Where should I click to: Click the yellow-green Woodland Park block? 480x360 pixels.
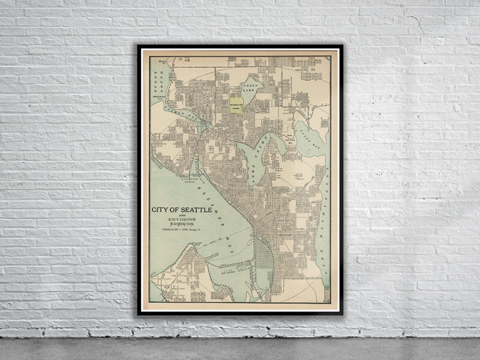tap(238, 105)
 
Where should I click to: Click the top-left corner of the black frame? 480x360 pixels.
tap(138, 46)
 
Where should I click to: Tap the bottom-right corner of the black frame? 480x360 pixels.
tap(342, 314)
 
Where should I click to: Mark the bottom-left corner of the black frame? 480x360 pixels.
tap(138, 314)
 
